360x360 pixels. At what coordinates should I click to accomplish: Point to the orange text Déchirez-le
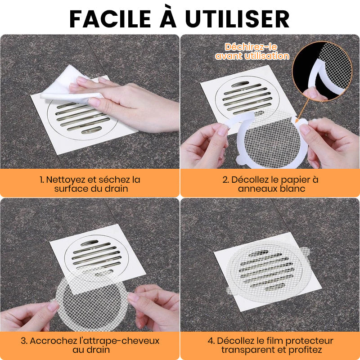tap(252, 47)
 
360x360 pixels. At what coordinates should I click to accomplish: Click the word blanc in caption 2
tap(292, 189)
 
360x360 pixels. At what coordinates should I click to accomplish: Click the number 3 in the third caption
tap(22, 341)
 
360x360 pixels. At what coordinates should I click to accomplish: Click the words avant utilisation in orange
tap(252, 56)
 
